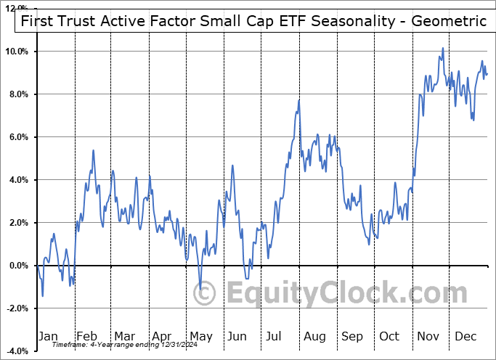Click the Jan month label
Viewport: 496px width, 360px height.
47,336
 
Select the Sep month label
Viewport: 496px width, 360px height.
352,336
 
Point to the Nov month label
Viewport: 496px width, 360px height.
429,336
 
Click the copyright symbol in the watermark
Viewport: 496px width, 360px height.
206,293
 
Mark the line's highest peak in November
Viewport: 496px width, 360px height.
443,49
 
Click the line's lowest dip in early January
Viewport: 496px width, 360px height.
42,295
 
